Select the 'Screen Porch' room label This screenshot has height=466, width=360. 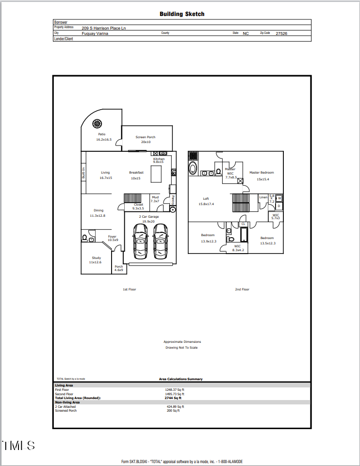[x=146, y=137]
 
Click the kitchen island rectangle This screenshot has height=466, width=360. [x=156, y=174]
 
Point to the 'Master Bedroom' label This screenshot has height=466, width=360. [x=262, y=173]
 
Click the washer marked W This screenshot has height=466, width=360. [x=279, y=198]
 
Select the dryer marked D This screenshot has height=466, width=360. [x=279, y=206]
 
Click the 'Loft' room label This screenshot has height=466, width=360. [x=206, y=199]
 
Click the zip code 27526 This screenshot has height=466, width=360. [x=281, y=34]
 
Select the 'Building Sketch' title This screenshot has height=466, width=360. [x=182, y=14]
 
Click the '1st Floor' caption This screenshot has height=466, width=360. [x=129, y=289]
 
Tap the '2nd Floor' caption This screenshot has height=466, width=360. [x=242, y=289]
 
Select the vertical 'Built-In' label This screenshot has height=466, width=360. [x=84, y=173]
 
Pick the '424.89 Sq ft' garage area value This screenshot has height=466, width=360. [x=176, y=407]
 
